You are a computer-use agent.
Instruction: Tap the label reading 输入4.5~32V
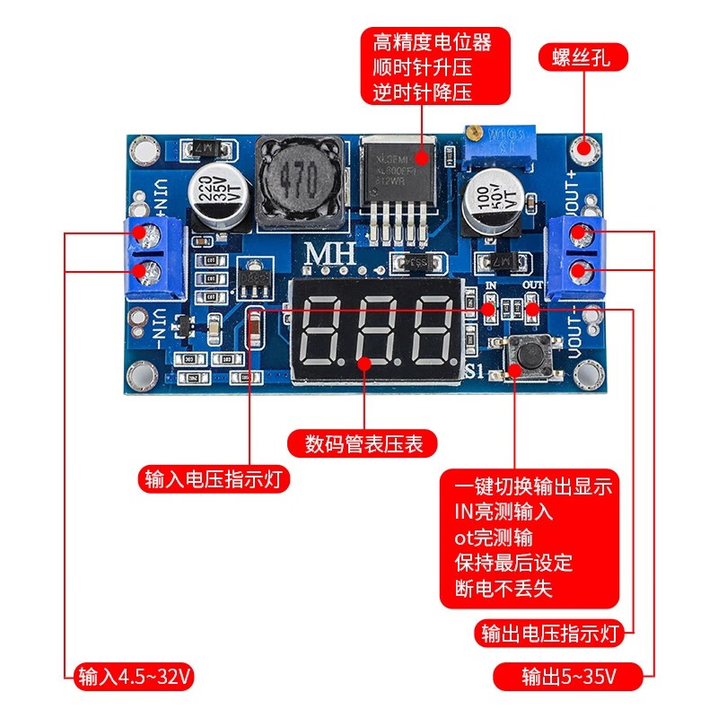[x=136, y=676]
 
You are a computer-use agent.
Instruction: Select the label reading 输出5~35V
[x=568, y=676]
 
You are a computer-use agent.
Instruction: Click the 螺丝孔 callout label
[x=582, y=58]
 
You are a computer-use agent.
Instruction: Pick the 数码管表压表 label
[x=363, y=442]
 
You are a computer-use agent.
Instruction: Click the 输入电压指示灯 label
[x=213, y=478]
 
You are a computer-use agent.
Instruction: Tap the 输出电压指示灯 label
[x=549, y=634]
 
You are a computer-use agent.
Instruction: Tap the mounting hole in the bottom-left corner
[x=141, y=374]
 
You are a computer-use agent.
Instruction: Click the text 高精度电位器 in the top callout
[x=433, y=41]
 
